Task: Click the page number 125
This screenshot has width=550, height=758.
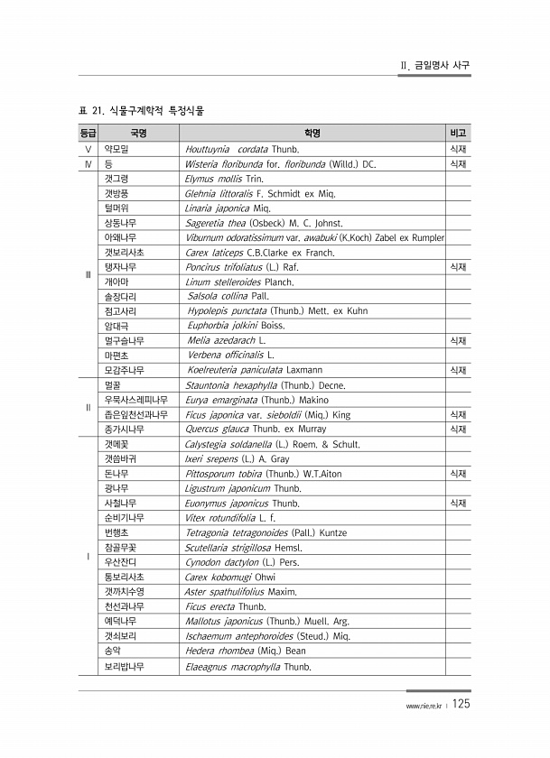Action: pos(460,704)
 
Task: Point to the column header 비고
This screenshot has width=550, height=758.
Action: pos(458,134)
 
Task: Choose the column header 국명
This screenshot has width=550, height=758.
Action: pos(139,134)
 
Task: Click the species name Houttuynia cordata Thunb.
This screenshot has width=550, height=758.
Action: pos(241,149)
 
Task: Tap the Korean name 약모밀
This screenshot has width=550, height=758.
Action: pos(117,149)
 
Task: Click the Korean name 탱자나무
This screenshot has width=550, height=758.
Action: pos(121,267)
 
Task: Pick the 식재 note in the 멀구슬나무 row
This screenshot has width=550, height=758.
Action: pos(458,341)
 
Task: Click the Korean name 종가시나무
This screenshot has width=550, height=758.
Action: pos(124,429)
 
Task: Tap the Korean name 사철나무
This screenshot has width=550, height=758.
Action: pos(121,503)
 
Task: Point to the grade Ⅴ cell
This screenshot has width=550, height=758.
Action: pos(87,149)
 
